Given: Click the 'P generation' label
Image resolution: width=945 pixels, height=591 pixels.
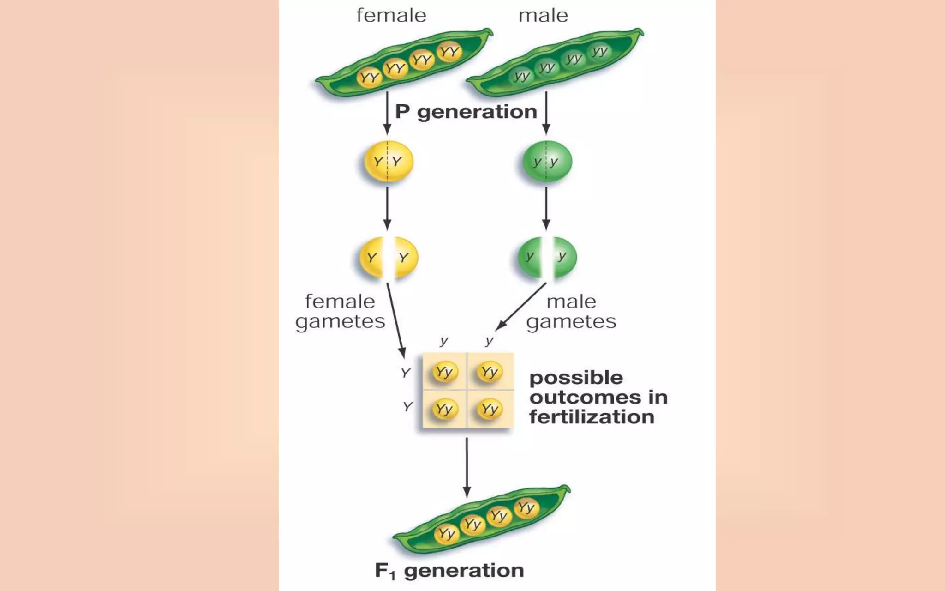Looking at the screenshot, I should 466,112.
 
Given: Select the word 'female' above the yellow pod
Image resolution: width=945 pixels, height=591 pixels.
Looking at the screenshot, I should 391,16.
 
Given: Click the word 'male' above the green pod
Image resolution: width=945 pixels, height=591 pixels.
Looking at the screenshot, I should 543,16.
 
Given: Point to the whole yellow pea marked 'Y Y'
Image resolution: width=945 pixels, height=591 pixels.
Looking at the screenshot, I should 389,162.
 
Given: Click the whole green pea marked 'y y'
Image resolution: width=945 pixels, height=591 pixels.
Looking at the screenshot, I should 547,162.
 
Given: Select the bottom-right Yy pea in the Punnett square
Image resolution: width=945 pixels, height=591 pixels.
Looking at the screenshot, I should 490,409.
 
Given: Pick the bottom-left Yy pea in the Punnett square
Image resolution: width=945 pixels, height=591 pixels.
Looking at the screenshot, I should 444,409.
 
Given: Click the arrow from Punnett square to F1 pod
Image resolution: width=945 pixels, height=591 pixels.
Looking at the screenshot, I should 467,466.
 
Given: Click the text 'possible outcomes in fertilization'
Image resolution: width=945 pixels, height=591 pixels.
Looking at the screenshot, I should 598,397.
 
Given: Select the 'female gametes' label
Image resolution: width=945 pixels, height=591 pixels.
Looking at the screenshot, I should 340,312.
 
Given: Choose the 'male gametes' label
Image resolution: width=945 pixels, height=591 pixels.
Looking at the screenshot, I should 571,312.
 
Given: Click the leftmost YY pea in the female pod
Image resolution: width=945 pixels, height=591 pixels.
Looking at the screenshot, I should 370,78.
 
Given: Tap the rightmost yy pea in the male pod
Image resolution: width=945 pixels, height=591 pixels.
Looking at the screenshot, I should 600,51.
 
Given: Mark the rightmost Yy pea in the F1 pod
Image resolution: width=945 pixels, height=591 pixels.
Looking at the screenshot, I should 526,508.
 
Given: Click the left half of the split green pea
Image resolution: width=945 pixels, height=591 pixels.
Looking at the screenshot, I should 529,257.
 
